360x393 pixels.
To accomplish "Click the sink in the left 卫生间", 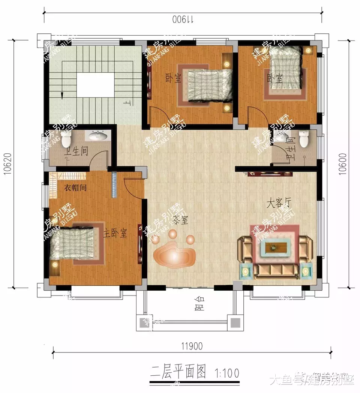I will (99, 135).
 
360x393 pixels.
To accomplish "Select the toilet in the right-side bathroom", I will (303, 138).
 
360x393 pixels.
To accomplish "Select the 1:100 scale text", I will (226, 373).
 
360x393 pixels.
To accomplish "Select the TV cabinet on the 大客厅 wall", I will (270, 173).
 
